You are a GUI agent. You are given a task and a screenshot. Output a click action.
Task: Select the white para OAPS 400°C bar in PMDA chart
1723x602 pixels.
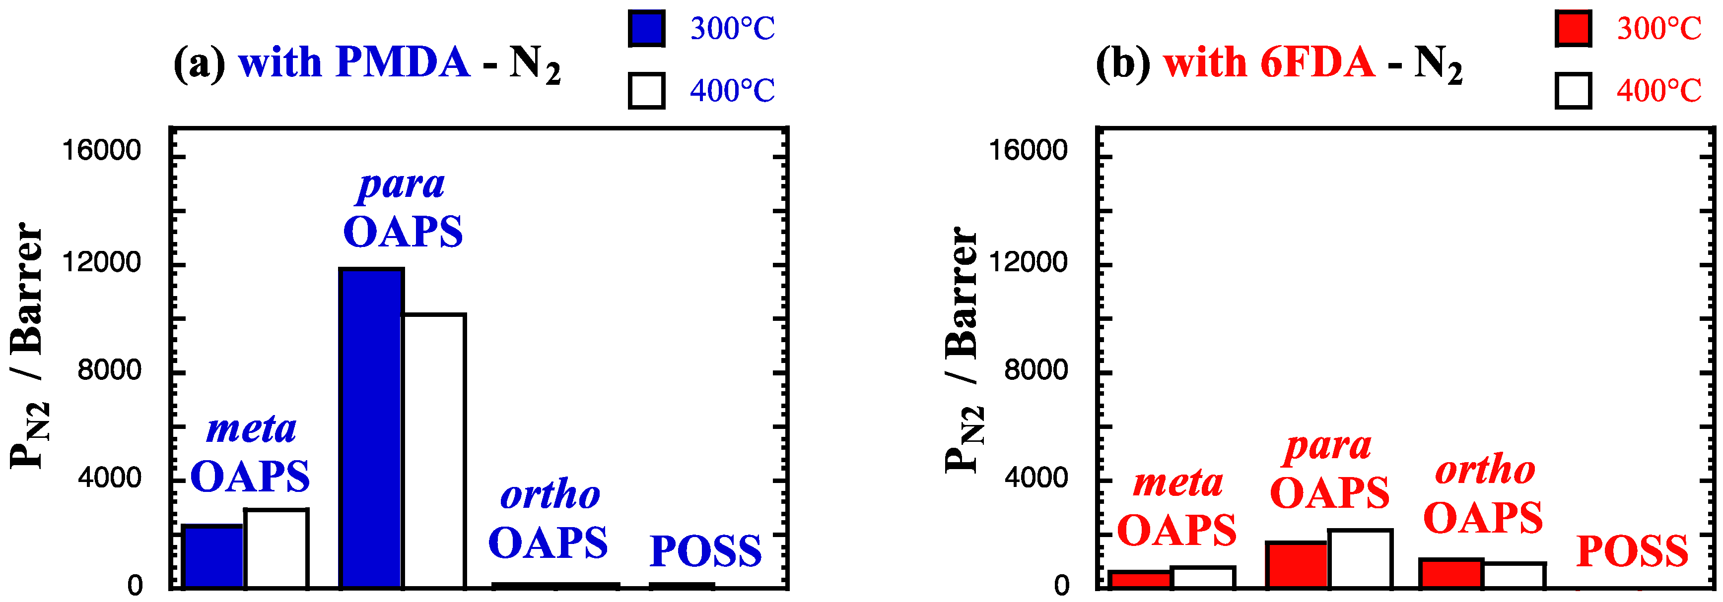433,451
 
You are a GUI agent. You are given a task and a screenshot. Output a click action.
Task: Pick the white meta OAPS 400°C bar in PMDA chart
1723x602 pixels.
276,548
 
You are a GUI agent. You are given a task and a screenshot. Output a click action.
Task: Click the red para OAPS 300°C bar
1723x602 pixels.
1296,565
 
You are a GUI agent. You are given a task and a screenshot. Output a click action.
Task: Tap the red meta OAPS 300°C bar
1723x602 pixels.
1140,579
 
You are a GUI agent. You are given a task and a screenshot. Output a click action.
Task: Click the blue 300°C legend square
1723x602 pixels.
646,29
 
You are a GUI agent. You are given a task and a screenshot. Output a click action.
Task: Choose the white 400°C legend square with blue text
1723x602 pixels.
646,90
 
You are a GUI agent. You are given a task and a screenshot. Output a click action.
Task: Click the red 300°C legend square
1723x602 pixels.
1573,29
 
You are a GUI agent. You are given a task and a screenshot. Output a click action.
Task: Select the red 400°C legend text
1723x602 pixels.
1659,90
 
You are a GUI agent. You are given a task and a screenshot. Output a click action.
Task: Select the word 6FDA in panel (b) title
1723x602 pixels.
1317,63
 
